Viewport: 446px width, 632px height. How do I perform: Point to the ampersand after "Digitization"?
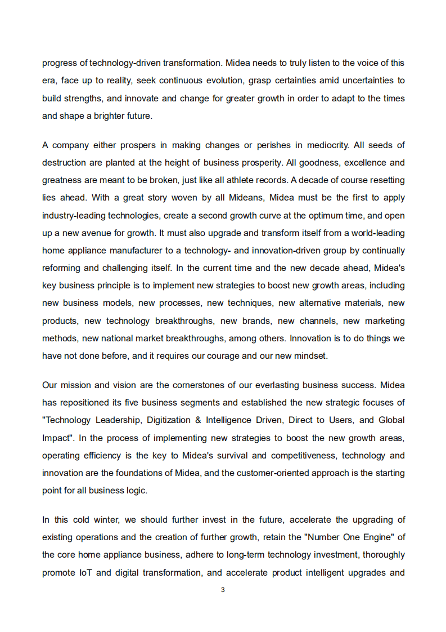click(x=197, y=420)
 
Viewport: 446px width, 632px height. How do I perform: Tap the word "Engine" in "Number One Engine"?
click(x=380, y=537)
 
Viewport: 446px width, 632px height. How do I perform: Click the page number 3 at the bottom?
click(x=223, y=590)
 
